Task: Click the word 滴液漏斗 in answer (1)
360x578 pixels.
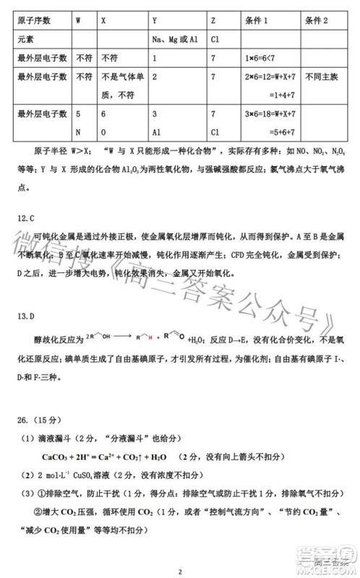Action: pos(51,439)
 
